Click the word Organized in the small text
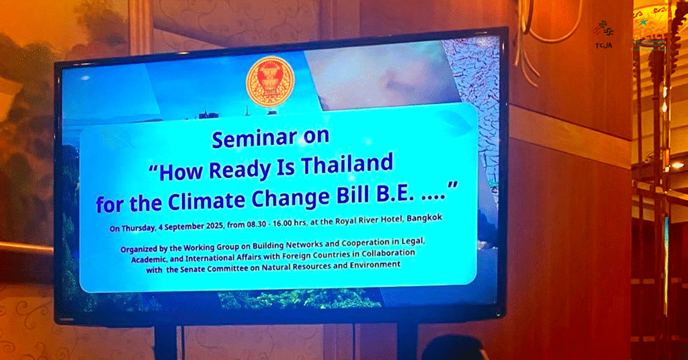(139, 250)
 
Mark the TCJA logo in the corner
(604, 34)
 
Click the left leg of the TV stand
(166, 342)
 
